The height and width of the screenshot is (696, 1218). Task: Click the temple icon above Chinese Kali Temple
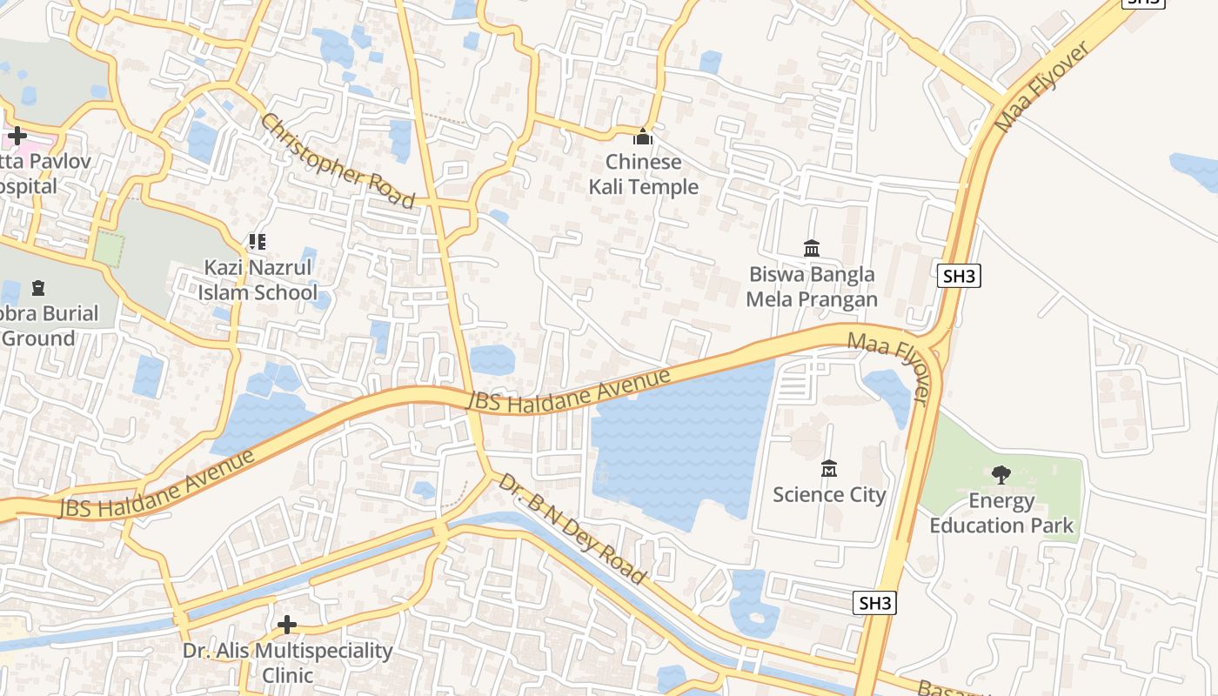[x=643, y=137]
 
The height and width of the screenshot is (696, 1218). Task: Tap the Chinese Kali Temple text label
[x=644, y=174]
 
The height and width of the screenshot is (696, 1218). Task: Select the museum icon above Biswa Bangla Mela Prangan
[x=812, y=249]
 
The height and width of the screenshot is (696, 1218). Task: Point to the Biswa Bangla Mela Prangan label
[x=812, y=287]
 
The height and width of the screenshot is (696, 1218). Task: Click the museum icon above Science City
[x=829, y=469]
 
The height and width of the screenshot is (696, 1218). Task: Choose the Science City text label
[x=829, y=495]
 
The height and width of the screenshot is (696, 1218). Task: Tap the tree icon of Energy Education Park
[x=1001, y=474]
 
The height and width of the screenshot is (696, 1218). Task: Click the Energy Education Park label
[x=1001, y=513]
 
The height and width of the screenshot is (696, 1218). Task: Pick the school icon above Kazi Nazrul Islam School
[x=257, y=241]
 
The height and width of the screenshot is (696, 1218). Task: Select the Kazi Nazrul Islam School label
[x=257, y=279]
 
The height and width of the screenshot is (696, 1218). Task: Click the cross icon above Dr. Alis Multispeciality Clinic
[x=287, y=625]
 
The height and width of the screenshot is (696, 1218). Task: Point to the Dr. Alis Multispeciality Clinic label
[x=287, y=663]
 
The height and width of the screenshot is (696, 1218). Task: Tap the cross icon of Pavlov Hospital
[x=17, y=136]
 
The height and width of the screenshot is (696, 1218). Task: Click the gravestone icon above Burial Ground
[x=37, y=287]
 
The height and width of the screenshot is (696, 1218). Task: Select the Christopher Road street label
[x=338, y=162]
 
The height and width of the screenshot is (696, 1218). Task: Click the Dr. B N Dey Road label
[x=572, y=529]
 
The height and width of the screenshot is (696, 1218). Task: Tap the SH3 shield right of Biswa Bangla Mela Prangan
[x=960, y=277]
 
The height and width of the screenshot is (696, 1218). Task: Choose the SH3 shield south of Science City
[x=874, y=603]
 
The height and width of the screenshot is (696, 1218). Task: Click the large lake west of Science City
[x=679, y=452]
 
